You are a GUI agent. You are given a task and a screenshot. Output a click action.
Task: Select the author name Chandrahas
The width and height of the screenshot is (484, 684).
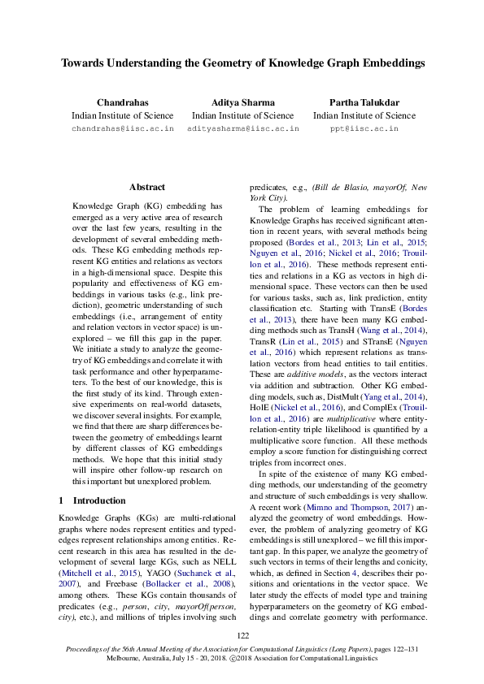pyautogui.click(x=122, y=102)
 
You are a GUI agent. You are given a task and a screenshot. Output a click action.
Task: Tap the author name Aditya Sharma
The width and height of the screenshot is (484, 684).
pyautogui.click(x=242, y=102)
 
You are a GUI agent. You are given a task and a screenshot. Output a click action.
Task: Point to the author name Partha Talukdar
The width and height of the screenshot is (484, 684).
pyautogui.click(x=364, y=102)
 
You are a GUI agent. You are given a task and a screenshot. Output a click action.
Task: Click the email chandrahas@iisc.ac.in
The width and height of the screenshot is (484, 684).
pyautogui.click(x=123, y=129)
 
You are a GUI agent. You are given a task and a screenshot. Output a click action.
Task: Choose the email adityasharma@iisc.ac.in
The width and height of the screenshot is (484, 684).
pyautogui.click(x=242, y=129)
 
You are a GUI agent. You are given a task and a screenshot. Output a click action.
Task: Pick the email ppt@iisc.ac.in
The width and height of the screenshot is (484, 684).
pyautogui.click(x=364, y=129)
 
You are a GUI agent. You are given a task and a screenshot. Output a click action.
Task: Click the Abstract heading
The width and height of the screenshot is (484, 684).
pyautogui.click(x=146, y=187)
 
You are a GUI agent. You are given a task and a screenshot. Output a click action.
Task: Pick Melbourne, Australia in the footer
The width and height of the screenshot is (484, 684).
pyautogui.click(x=140, y=659)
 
